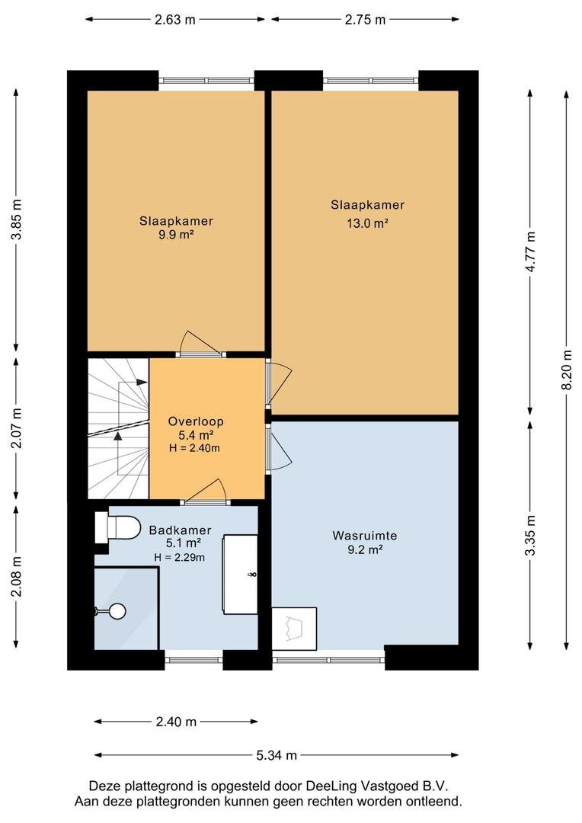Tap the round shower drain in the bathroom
[117, 611]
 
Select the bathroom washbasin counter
[241, 575]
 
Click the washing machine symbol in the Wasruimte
[294, 629]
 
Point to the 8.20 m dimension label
[566, 370]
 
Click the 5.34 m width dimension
[277, 755]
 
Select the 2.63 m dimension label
[174, 19]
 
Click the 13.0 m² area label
[367, 223]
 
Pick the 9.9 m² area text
[176, 235]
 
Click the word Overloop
[196, 421]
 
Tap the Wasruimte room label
[365, 536]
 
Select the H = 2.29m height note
[180, 557]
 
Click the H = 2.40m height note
[195, 448]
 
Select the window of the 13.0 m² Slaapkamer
[371, 80]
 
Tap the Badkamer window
[194, 654]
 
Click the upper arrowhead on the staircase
[141, 382]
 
